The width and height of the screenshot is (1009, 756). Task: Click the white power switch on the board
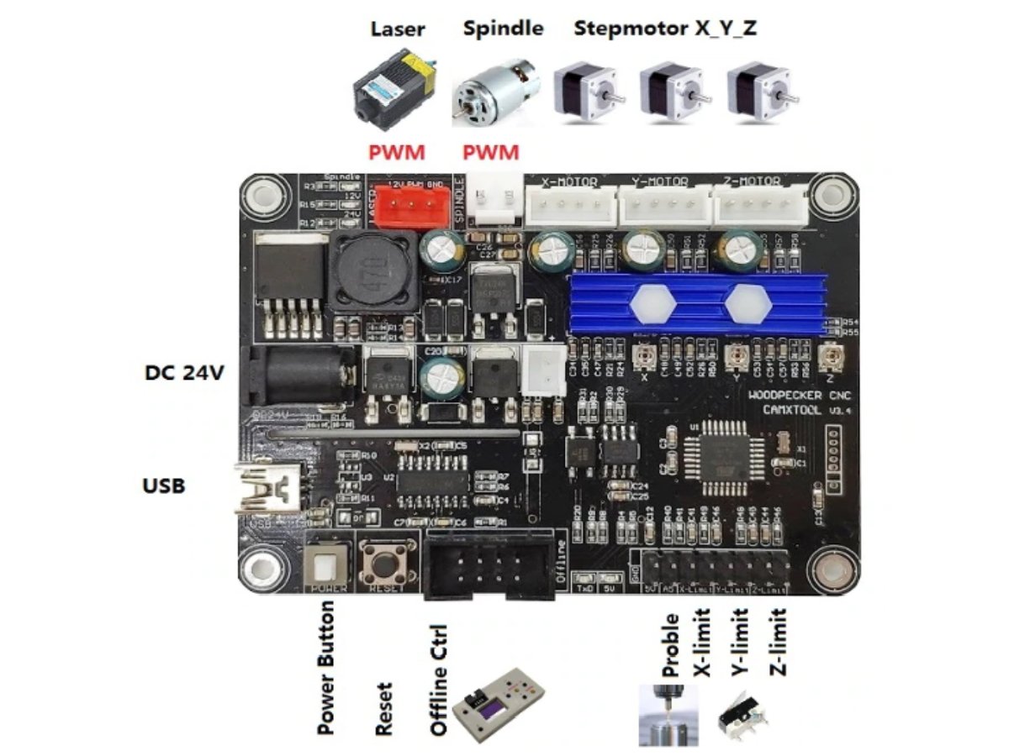pyautogui.click(x=329, y=563)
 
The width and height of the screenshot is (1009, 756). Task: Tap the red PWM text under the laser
pyautogui.click(x=397, y=153)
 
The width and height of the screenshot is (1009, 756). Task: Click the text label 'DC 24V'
pyautogui.click(x=185, y=373)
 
